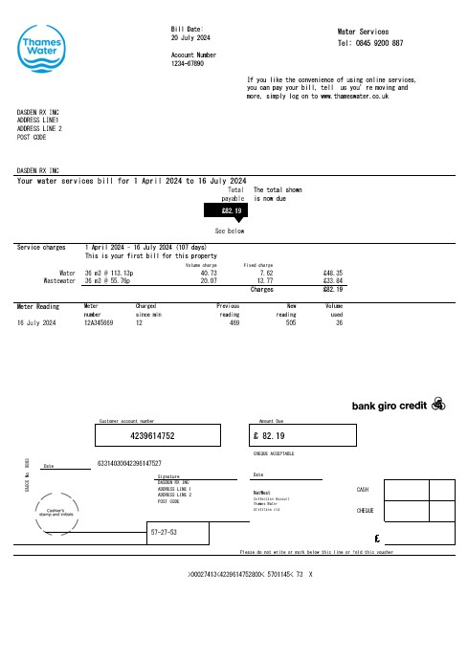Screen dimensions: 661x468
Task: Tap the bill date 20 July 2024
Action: click(190, 38)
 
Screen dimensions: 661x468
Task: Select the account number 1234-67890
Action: click(188, 64)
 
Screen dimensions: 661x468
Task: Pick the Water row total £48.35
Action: click(333, 273)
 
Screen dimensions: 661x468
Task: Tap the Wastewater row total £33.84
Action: click(333, 281)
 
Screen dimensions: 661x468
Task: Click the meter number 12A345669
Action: click(99, 323)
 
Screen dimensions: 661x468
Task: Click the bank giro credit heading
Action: click(390, 404)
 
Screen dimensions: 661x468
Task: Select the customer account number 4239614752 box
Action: click(166, 435)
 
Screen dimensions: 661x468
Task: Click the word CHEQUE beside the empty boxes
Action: click(364, 511)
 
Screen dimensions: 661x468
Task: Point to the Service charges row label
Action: click(41, 247)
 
